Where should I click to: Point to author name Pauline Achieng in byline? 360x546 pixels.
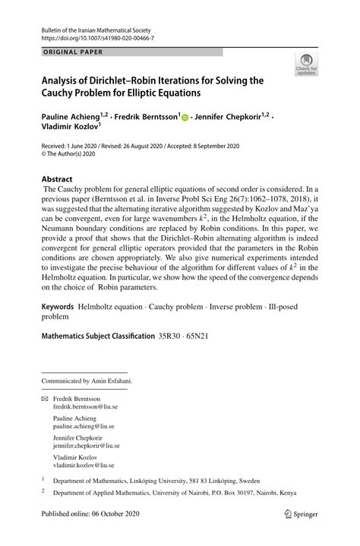74,117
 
